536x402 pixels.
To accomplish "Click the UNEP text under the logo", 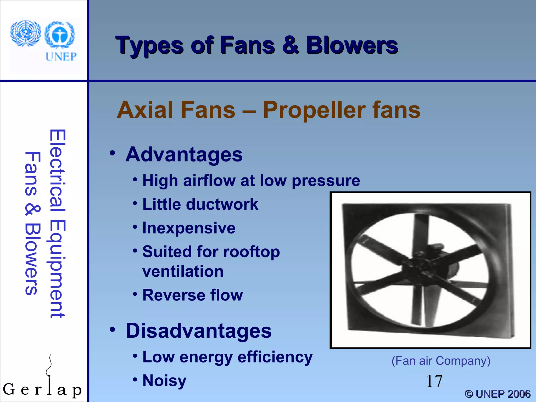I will click(x=61, y=56).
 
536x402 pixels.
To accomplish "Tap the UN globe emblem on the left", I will click(x=25, y=33).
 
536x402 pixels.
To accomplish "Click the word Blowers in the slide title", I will click(x=352, y=46).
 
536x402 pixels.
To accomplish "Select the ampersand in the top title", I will click(x=290, y=46).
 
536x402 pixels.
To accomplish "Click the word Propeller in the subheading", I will click(x=314, y=110).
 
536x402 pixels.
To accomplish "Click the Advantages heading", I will click(x=184, y=154).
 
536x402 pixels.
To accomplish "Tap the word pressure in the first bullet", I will click(x=326, y=181).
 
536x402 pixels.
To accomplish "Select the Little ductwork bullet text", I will click(x=200, y=204).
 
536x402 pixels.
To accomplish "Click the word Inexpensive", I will click(x=189, y=228).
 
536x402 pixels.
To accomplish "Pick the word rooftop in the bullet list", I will click(x=252, y=252).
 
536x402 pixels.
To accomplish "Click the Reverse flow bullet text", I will click(x=192, y=295).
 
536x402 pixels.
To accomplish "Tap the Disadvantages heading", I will click(x=199, y=331).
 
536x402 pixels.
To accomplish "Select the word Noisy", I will click(x=164, y=381).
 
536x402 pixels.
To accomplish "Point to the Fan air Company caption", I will click(x=441, y=361).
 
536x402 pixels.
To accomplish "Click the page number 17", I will click(x=434, y=381).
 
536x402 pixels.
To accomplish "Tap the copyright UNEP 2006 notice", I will click(x=497, y=394).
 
